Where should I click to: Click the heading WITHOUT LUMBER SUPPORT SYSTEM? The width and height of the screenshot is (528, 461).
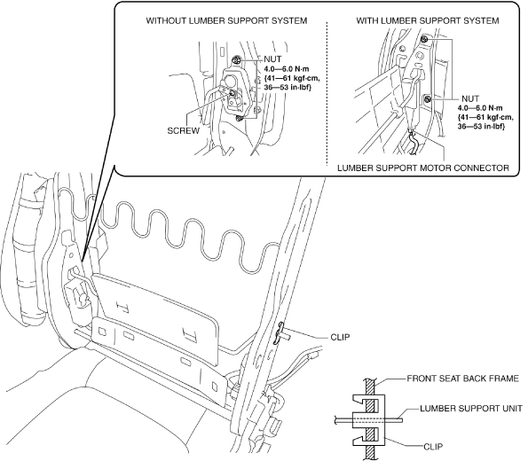coord(226,21)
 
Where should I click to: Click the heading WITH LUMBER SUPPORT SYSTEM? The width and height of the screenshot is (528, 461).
coord(428,21)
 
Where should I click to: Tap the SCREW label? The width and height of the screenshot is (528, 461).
coord(184,130)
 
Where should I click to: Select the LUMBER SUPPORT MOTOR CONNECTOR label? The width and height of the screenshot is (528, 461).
coord(423,168)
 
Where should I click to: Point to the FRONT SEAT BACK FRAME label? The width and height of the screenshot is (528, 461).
coord(463,379)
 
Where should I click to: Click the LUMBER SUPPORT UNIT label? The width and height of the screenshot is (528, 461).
coord(471,409)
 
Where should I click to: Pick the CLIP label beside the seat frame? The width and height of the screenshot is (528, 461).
coord(340,337)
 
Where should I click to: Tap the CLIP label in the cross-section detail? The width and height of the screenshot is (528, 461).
coord(433,447)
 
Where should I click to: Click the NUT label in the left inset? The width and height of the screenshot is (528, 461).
coord(272,59)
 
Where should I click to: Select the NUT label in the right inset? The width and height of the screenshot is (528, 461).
coord(470,98)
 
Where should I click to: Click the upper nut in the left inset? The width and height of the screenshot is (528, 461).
coord(236,60)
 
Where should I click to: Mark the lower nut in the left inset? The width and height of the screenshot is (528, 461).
coord(240,118)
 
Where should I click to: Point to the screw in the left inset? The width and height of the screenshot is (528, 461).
coord(232,93)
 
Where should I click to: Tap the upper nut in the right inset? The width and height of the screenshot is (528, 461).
coord(424,39)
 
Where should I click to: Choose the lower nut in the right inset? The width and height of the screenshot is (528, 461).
coord(428,98)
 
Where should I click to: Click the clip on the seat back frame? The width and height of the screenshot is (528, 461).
coord(280,333)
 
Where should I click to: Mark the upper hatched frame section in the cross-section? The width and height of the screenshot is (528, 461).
coord(370,395)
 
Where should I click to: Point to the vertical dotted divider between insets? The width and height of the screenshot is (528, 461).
coord(327,94)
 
